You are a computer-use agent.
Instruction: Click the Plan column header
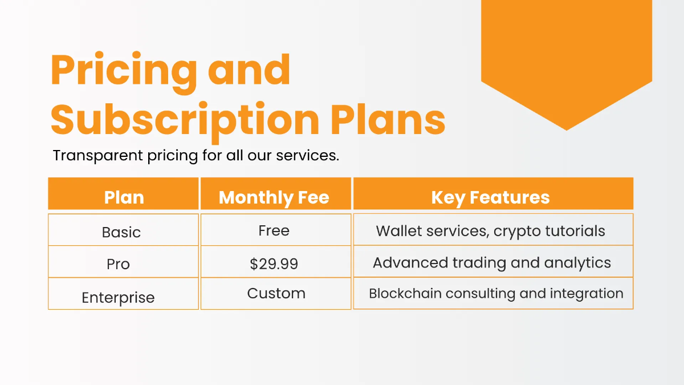(x=124, y=197)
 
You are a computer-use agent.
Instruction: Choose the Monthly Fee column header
(x=274, y=197)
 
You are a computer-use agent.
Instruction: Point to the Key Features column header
(x=490, y=197)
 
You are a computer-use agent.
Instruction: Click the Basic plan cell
(x=121, y=232)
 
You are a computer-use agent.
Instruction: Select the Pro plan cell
(x=118, y=264)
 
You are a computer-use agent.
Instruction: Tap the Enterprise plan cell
(x=118, y=297)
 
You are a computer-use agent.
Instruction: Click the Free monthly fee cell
(x=274, y=230)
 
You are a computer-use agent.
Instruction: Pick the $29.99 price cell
(x=274, y=264)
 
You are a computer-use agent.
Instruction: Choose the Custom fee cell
(x=276, y=293)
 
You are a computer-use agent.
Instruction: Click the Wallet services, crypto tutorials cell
(x=490, y=231)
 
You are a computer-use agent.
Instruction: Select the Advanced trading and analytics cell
(x=491, y=263)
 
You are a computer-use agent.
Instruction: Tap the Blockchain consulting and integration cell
(x=495, y=293)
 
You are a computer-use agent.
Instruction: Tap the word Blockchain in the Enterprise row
(x=405, y=293)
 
